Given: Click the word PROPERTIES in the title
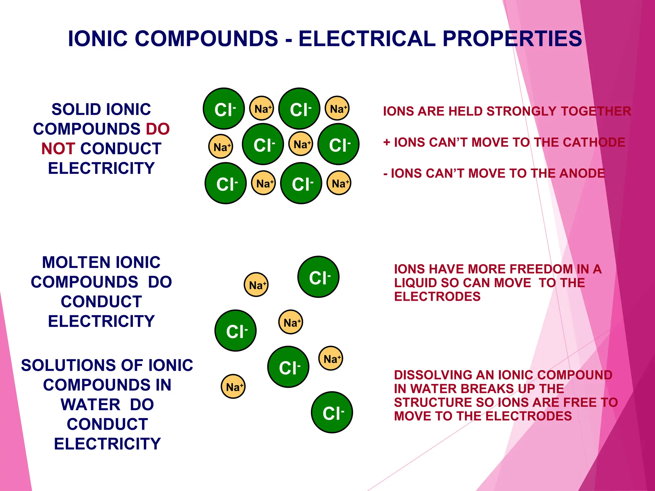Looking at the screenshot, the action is (512, 39).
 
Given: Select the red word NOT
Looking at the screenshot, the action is (58, 149).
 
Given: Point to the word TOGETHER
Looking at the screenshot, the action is (596, 111).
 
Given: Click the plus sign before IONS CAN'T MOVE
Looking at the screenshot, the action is (387, 142).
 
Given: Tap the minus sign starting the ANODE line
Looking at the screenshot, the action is (385, 174).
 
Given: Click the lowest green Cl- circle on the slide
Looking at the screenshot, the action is (332, 412).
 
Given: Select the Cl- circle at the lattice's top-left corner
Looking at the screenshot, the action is (224, 109).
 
